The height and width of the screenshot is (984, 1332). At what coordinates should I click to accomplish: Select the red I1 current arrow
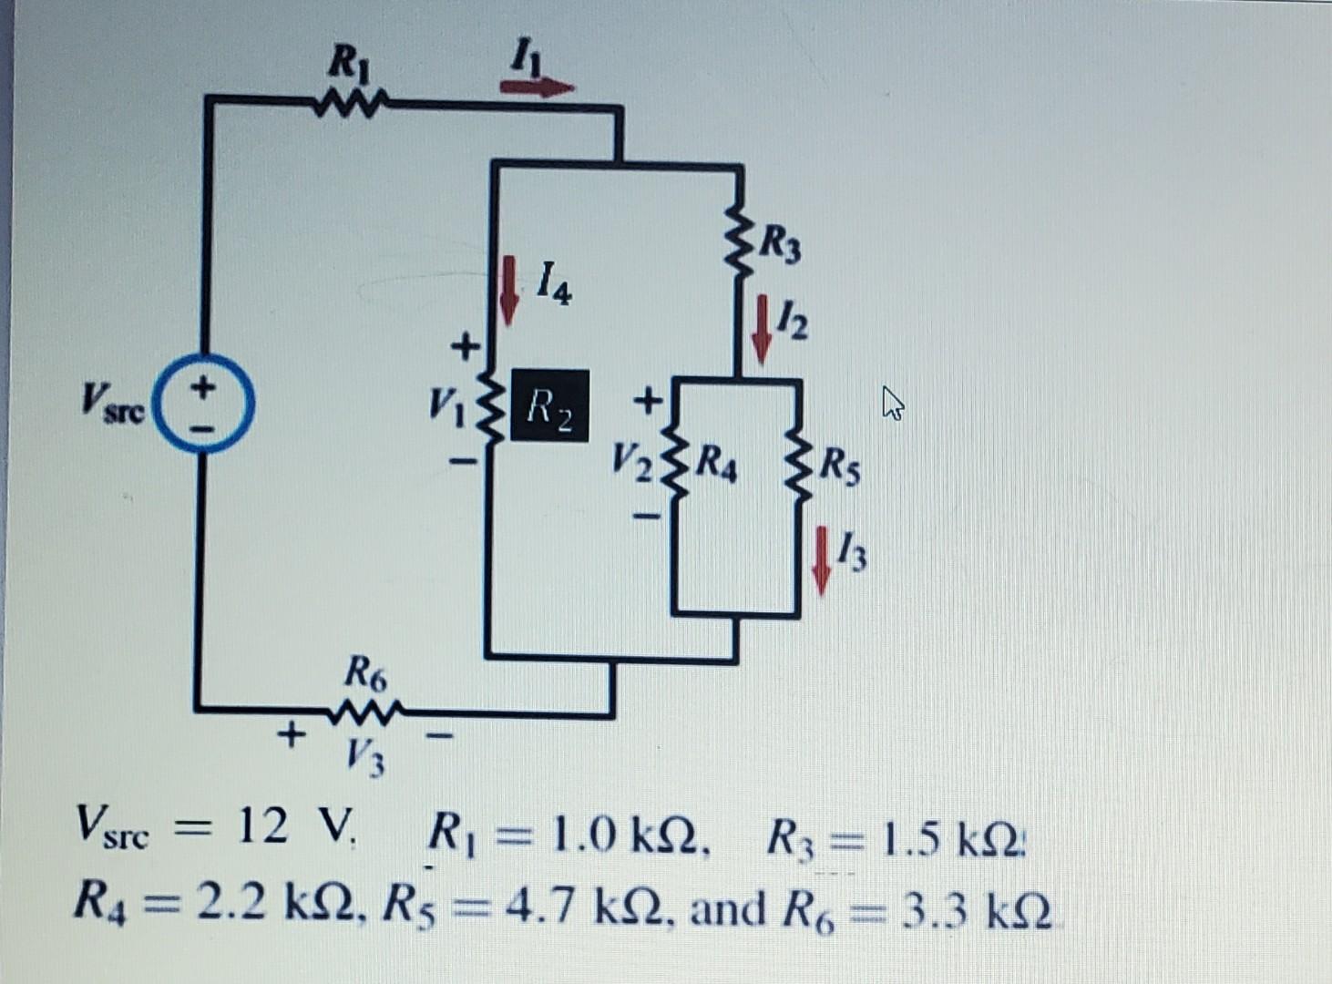(537, 87)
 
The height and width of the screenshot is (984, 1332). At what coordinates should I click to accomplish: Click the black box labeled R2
(549, 405)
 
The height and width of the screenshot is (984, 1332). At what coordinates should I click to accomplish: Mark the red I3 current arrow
(822, 559)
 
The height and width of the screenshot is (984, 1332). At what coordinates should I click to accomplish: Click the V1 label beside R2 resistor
(446, 401)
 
